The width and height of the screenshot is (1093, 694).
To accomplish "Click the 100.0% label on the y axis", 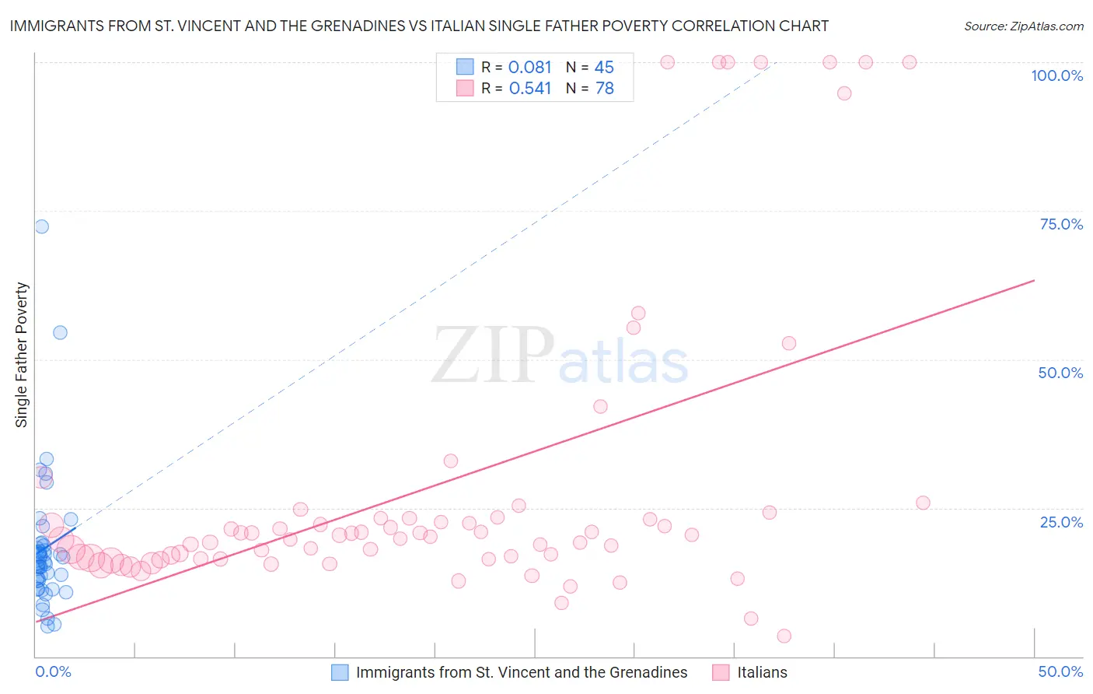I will coord(1056,75).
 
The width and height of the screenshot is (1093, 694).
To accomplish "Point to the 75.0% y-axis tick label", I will coord(1061,224).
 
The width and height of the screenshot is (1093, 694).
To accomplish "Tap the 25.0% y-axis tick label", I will coord(1061,521).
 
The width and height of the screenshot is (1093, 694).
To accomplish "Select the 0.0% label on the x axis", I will coord(53,671).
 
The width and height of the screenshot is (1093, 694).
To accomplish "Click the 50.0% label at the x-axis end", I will coord(1060,671).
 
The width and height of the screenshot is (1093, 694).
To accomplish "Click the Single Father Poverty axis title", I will coord(22,355).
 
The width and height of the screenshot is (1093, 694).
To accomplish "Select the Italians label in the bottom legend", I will coord(762,672).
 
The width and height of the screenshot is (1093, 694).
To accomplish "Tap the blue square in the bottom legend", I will coord(340,672).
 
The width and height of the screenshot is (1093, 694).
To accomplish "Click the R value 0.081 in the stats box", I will coord(529,68).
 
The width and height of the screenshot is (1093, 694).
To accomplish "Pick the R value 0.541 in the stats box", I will coord(529,89).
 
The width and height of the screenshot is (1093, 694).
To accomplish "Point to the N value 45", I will coord(604,68).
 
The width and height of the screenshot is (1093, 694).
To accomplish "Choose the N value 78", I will coord(604,89).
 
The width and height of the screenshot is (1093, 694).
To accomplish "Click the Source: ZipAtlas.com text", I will coord(1023,26).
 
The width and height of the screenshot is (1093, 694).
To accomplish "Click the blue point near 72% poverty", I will coord(41,226).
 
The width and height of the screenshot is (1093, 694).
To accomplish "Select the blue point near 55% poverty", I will coord(60,332).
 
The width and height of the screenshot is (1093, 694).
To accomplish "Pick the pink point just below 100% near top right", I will coord(844,93).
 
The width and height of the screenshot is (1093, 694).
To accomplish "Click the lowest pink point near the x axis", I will coord(784,636).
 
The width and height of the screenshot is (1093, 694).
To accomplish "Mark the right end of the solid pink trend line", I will coord(1035,280).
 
